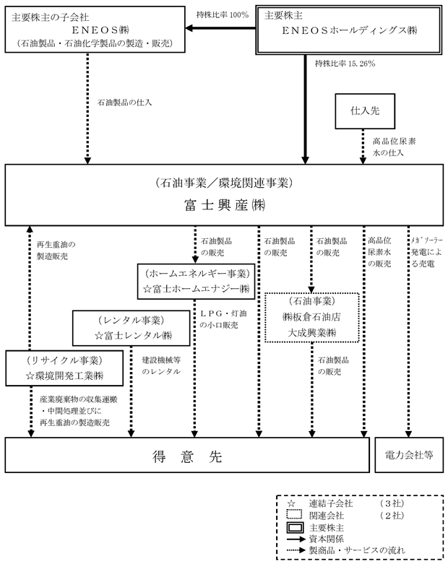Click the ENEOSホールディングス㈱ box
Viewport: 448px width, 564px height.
click(x=349, y=30)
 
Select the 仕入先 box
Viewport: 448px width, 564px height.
click(x=365, y=111)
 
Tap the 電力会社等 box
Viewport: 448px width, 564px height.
click(x=409, y=455)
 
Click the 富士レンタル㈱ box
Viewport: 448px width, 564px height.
click(x=132, y=328)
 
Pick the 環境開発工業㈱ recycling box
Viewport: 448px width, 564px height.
click(x=64, y=368)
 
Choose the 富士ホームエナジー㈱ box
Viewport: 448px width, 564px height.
click(x=196, y=282)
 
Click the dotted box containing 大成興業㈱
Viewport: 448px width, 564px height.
click(x=312, y=317)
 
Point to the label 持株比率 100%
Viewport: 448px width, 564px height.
click(x=223, y=14)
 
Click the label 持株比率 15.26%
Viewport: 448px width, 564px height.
click(x=345, y=64)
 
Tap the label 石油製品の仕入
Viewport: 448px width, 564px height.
click(x=124, y=103)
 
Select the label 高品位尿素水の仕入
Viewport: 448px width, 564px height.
click(x=394, y=147)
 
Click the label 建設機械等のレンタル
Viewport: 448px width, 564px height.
click(x=161, y=365)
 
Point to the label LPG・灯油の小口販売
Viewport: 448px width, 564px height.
click(x=223, y=319)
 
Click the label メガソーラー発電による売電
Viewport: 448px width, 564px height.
click(x=427, y=252)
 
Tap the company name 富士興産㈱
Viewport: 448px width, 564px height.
click(x=225, y=205)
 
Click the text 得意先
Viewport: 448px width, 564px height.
click(x=187, y=456)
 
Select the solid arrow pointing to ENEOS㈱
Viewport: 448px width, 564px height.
click(x=220, y=28)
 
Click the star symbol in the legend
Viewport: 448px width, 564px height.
click(x=291, y=504)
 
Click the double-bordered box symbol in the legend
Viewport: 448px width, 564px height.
click(x=295, y=528)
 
